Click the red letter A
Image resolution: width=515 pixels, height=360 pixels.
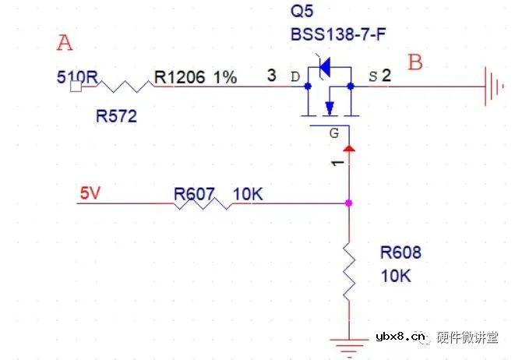click(65, 43)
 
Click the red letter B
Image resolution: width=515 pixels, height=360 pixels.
click(415, 62)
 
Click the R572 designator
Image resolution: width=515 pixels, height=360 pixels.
click(116, 117)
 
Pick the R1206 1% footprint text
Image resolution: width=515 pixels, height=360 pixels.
click(195, 77)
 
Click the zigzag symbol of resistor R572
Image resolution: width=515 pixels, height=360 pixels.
click(125, 85)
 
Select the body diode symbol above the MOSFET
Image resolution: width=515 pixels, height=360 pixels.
click(326, 69)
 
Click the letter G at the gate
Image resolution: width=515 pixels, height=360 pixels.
click(333, 133)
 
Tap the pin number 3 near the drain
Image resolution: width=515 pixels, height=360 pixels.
click(270, 76)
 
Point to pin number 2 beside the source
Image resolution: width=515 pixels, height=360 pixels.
click(386, 76)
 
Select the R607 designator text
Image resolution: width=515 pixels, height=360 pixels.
click(192, 194)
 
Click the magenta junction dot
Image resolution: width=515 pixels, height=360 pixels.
click(347, 203)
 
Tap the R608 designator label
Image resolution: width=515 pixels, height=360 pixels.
click(400, 252)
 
